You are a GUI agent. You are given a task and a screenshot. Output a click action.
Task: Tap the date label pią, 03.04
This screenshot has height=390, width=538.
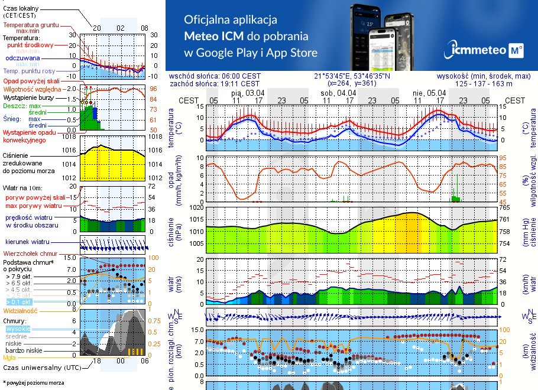(248, 93)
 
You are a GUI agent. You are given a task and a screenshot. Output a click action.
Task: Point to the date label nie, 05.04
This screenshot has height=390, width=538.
(429, 93)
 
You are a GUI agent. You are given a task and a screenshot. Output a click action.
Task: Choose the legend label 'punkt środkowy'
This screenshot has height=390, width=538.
(30, 45)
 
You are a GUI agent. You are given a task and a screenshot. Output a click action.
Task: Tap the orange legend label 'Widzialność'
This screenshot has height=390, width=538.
(21, 310)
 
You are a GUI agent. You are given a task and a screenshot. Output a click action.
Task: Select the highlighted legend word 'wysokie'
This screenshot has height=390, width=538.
(18, 329)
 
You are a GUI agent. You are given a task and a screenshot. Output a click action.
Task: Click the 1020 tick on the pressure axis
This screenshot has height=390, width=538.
(197, 208)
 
